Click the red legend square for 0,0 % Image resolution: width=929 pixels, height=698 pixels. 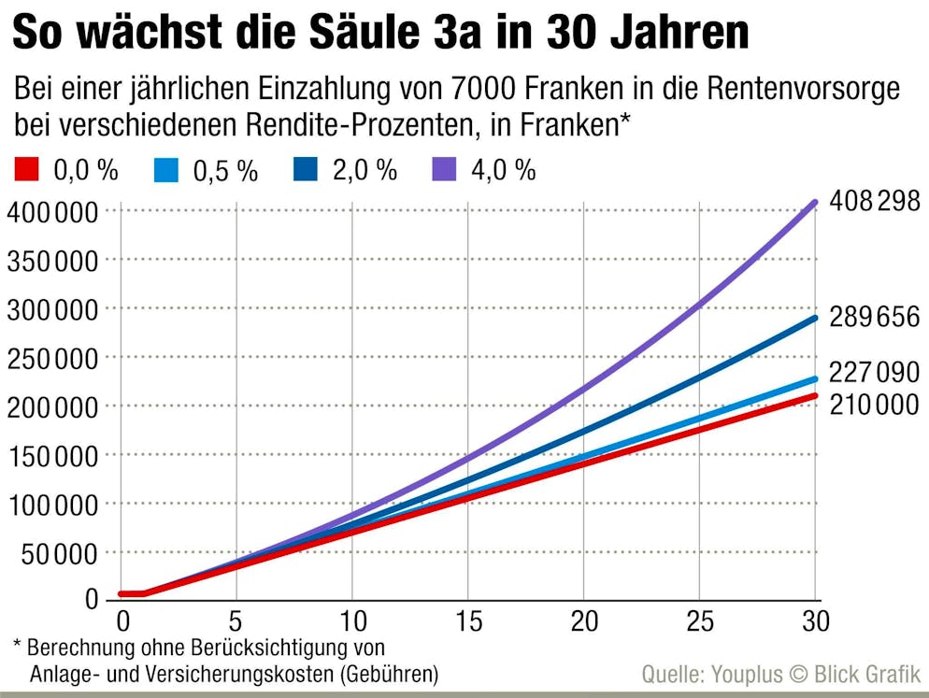(26, 169)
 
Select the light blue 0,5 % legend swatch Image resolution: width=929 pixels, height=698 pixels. (164, 169)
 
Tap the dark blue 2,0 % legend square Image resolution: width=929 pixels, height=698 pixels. (305, 169)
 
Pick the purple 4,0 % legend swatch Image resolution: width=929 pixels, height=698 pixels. (444, 169)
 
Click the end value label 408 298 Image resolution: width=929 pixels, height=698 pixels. (874, 201)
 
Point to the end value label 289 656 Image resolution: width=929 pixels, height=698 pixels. (874, 318)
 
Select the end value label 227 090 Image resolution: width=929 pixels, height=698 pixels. (874, 373)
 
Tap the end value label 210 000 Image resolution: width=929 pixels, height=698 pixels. (874, 405)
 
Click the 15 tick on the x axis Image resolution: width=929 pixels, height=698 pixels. (468, 621)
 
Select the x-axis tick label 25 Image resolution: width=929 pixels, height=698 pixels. (699, 621)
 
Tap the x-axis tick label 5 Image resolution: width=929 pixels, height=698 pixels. (236, 621)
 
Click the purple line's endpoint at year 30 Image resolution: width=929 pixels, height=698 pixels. (815, 202)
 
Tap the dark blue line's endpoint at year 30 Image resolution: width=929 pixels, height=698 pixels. (815, 318)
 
